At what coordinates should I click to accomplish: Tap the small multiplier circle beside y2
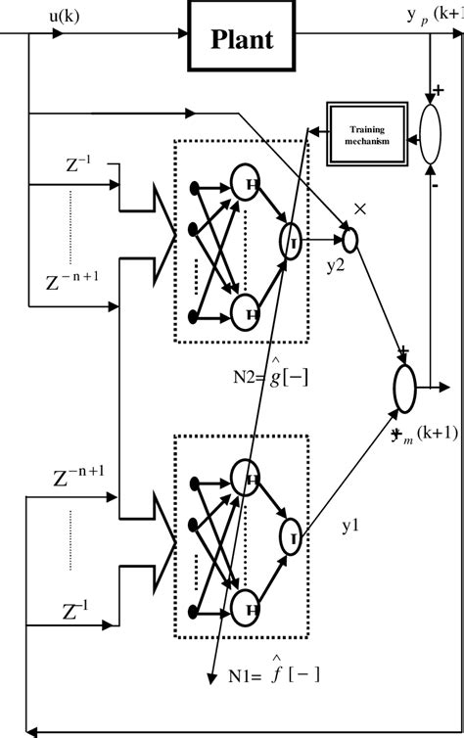(350, 237)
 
